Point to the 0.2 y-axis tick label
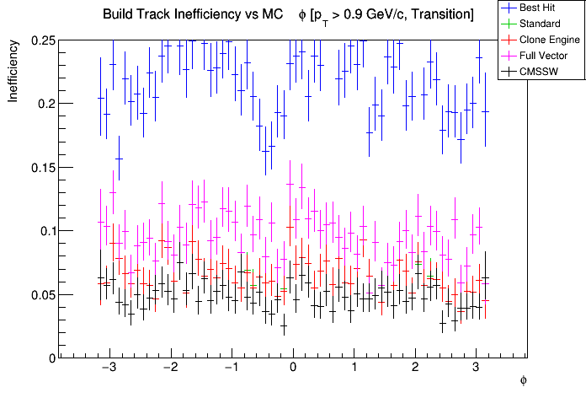tap(45, 104)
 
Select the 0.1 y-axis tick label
tap(45, 231)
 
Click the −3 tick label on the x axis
tap(109, 368)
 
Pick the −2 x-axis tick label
tap(169, 368)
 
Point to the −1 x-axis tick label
tap(231, 368)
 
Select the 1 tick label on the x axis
tap(354, 368)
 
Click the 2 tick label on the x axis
tap(415, 368)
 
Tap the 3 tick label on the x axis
tap(477, 368)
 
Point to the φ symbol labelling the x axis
tap(523, 381)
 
